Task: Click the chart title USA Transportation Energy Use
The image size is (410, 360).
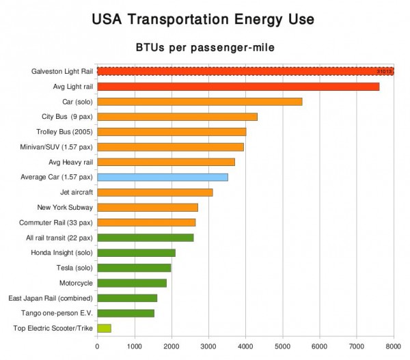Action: pos(203,19)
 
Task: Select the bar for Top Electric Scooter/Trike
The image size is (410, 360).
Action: pos(104,329)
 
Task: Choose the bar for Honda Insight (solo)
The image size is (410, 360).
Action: pos(136,253)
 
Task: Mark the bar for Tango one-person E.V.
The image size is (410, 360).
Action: pos(126,313)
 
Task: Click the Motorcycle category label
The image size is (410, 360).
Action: pos(75,283)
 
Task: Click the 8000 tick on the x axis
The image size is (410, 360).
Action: pos(393,346)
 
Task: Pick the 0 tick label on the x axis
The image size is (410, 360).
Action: pos(97,346)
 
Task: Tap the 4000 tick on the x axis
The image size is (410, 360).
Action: pos(245,346)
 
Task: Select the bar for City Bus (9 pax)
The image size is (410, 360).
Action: pos(177,116)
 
